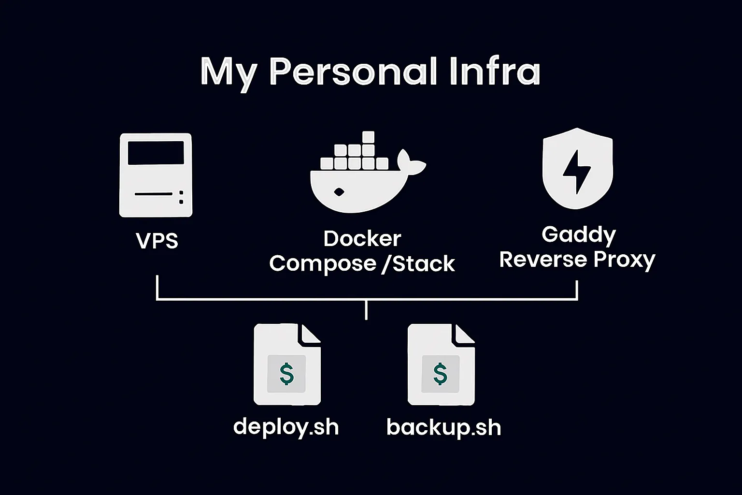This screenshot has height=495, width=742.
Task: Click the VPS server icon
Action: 156,175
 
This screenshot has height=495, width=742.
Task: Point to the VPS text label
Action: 157,241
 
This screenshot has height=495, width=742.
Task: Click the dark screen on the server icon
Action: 156,153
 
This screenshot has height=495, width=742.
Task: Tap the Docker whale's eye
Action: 339,192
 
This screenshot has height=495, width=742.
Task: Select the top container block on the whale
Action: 368,137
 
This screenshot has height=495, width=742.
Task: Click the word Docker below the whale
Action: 362,239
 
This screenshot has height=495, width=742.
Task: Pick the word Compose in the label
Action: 323,263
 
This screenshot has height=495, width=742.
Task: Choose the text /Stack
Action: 418,263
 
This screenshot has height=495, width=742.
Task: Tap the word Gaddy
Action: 578,235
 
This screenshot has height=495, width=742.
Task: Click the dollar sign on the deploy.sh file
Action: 287,374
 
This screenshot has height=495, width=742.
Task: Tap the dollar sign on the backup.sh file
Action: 440,374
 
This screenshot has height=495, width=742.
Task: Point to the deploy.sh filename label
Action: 286,427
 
